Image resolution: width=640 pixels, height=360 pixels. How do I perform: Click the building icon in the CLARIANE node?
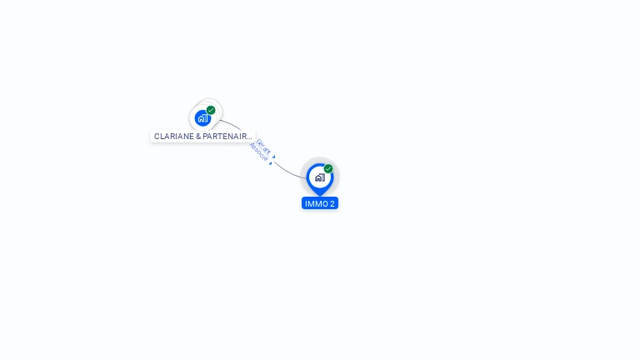tap(202, 118)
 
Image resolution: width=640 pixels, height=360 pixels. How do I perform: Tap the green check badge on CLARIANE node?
tap(211, 110)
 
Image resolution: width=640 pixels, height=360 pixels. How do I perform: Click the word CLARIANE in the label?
tap(173, 136)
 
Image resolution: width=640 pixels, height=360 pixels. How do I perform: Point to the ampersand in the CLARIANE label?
tap(198, 136)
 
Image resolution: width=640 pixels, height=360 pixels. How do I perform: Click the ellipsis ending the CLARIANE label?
tap(249, 136)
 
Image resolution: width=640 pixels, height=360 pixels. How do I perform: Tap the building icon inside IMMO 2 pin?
tap(319, 177)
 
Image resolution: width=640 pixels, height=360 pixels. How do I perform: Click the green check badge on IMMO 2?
tap(328, 169)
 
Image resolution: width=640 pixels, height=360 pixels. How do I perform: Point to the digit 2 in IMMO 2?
tap(332, 203)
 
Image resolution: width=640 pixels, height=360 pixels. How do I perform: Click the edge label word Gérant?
tap(264, 147)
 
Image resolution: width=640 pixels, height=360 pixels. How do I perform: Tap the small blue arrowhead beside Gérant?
tap(273, 156)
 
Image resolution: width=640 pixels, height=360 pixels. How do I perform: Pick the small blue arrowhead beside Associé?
tap(270, 163)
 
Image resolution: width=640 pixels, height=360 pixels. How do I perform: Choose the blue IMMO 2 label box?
tap(320, 203)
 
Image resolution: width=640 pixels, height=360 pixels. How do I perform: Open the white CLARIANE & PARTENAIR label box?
tap(202, 136)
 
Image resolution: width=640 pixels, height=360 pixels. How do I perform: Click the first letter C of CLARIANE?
tap(157, 136)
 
